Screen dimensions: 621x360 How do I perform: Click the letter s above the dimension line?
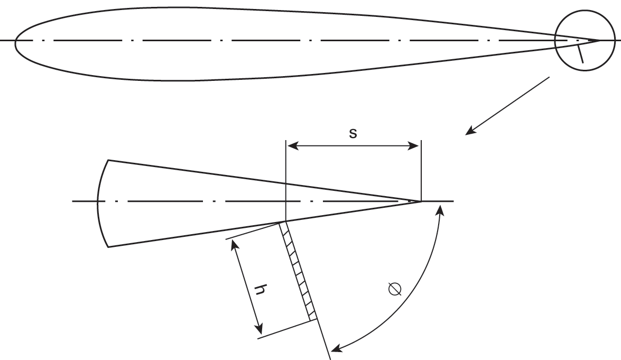pos(353,133)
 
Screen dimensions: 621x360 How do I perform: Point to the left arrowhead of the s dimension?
pos(290,145)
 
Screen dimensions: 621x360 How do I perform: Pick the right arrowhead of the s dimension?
pos(416,145)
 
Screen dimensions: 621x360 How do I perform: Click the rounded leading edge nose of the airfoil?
pos(16,41)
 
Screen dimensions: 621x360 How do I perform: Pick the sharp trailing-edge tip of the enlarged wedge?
pos(420,201)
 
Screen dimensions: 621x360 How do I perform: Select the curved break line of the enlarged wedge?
pos(99,202)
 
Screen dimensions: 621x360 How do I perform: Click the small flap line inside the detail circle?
pos(580,54)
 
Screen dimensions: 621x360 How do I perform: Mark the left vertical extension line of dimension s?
pos(285,174)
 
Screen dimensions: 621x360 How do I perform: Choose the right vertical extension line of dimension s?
pos(421,169)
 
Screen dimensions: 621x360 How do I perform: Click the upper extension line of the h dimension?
pos(254,232)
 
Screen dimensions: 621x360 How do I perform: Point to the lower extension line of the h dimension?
pos(285,328)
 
